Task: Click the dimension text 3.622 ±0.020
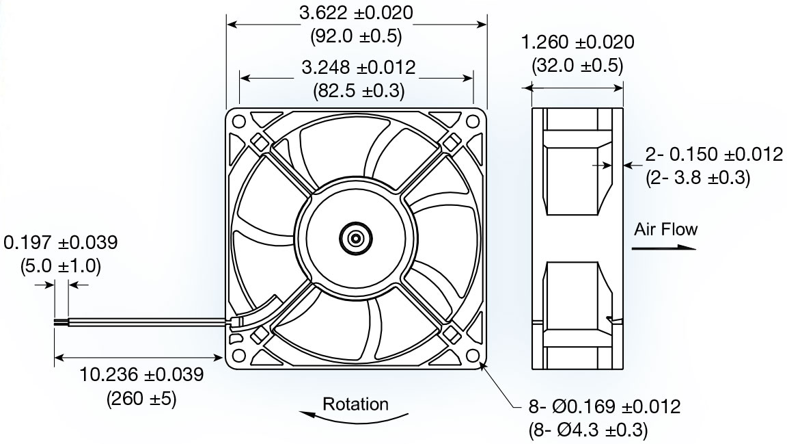[x=357, y=13]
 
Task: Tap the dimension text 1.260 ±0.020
[x=577, y=42]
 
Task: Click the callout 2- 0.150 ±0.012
[x=713, y=155]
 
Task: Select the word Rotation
[x=355, y=404]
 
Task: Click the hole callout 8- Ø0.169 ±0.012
[x=604, y=408]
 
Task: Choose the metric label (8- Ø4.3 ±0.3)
[x=588, y=430]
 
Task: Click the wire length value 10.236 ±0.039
[x=141, y=375]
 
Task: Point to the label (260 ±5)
[x=141, y=398]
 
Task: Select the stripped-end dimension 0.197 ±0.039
[x=61, y=242]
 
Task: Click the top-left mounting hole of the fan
[x=239, y=122]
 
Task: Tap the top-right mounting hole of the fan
[x=473, y=122]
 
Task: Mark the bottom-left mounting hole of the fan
[x=239, y=356]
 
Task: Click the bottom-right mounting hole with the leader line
[x=473, y=356]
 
